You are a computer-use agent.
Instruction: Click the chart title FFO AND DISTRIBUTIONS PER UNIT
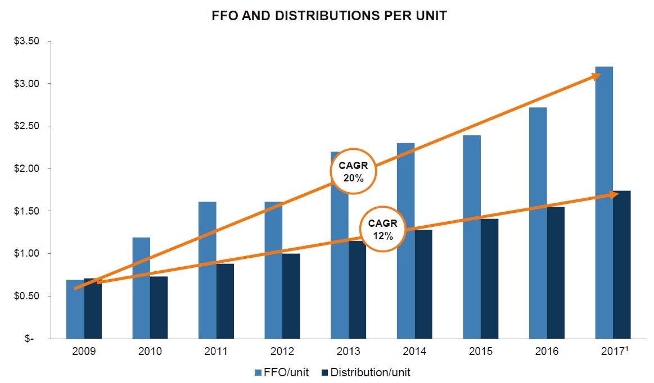329,16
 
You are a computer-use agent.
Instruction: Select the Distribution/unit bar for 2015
489,279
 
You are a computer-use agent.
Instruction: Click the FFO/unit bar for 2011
207,270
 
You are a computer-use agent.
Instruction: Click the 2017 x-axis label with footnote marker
613,352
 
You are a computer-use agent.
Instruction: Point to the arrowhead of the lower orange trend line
613,195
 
